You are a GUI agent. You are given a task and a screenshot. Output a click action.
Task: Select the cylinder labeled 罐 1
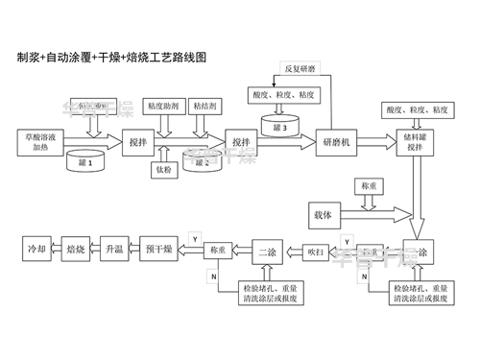point(84,161)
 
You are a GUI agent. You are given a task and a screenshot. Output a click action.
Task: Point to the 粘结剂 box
point(203,103)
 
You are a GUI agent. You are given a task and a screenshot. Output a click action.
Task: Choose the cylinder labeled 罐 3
point(279,126)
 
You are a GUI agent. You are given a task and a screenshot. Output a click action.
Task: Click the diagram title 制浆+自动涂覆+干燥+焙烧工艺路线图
point(107,58)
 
